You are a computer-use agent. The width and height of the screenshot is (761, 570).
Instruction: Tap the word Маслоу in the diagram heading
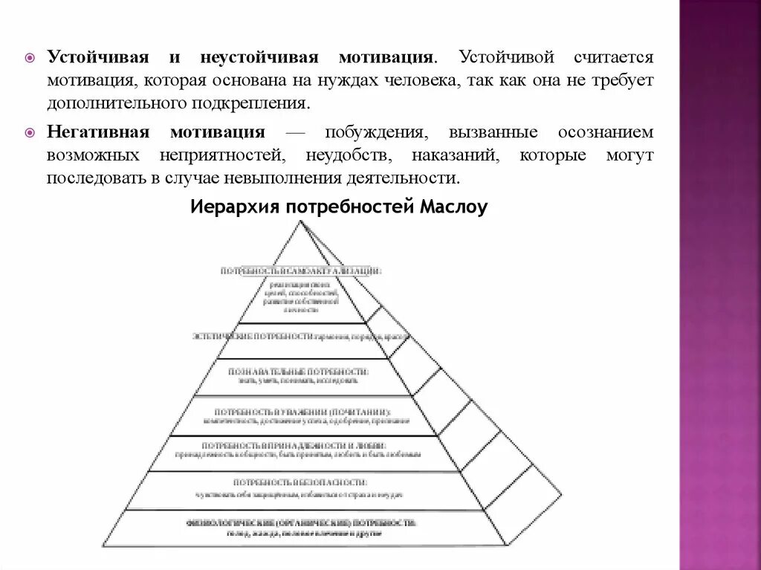click(453, 207)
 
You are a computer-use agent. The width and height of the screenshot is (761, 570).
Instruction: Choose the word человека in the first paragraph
click(418, 80)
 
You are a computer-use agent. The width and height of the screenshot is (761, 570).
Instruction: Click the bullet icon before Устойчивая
click(30, 58)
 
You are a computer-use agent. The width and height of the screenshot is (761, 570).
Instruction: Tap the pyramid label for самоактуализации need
click(301, 271)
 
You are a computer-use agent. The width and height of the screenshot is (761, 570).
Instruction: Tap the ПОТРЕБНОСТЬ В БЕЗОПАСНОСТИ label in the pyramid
click(300, 482)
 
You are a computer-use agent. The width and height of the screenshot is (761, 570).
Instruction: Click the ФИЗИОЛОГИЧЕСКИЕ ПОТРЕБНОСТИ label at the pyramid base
click(301, 522)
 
